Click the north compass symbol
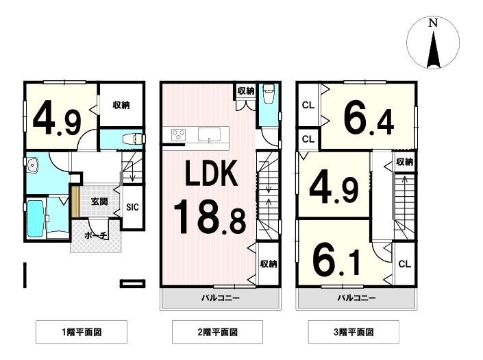pyautogui.click(x=432, y=43)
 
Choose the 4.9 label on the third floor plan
pyautogui.click(x=334, y=187)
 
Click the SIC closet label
pyautogui.click(x=132, y=205)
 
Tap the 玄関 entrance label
pyautogui.click(x=99, y=202)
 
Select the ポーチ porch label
pyautogui.click(x=96, y=235)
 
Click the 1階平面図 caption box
pyautogui.click(x=81, y=333)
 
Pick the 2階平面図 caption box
pyautogui.click(x=217, y=333)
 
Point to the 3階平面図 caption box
pyautogui.click(x=354, y=333)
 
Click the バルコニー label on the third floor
pyautogui.click(x=356, y=298)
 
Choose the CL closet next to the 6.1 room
pyautogui.click(x=404, y=263)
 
